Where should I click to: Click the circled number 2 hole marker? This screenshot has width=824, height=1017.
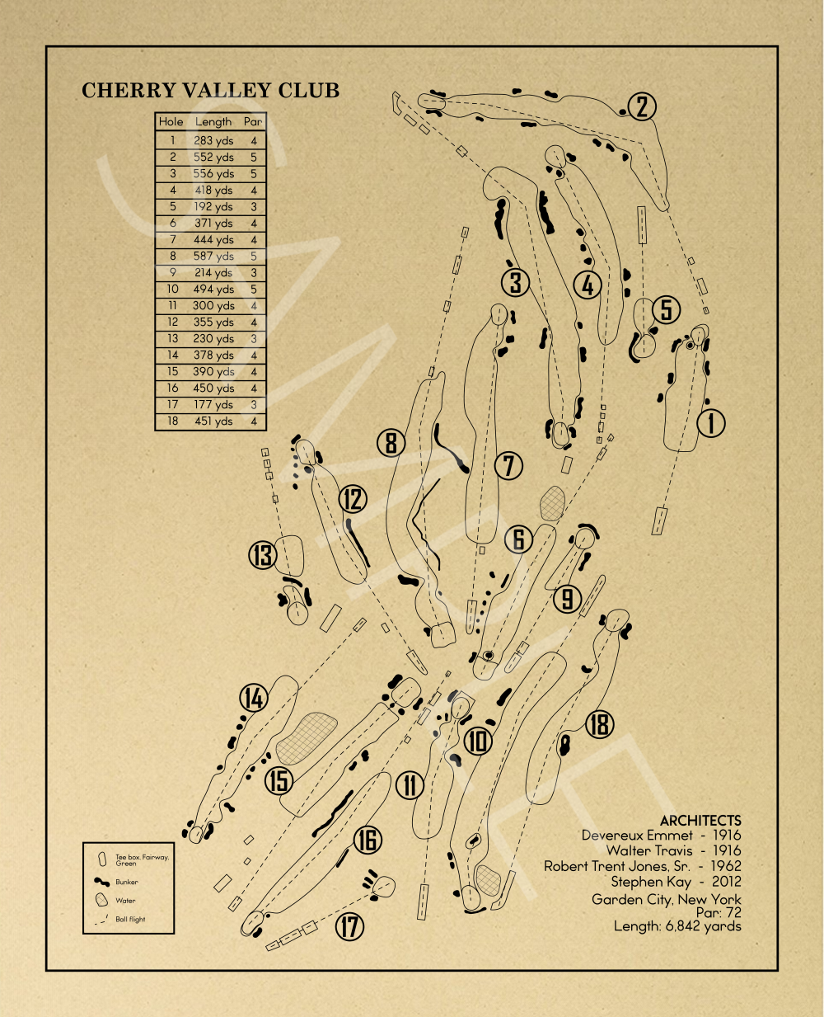click(x=643, y=106)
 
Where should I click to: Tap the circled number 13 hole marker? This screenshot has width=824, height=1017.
click(x=263, y=555)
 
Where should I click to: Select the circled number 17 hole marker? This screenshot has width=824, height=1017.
click(x=350, y=926)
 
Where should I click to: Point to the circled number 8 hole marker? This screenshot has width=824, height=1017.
click(x=391, y=443)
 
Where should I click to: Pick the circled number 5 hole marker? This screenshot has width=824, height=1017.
click(x=666, y=309)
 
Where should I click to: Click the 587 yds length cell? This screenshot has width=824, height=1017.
click(x=213, y=257)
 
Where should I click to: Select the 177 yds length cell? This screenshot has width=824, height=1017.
click(x=213, y=405)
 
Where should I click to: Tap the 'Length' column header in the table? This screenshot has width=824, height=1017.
click(x=213, y=121)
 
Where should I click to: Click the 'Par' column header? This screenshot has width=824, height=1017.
click(x=253, y=121)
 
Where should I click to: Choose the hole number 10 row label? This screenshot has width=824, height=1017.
click(x=172, y=290)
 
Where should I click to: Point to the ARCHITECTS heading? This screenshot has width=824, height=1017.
click(x=700, y=821)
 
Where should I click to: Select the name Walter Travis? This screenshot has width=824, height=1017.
click(x=649, y=850)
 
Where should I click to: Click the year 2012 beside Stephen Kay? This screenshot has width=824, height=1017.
click(x=726, y=882)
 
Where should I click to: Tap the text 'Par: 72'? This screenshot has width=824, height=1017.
click(x=719, y=913)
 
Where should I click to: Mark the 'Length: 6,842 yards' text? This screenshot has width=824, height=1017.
click(x=677, y=926)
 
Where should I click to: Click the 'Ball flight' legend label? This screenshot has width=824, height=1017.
click(x=130, y=920)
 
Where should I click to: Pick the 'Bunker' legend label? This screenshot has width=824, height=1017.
click(x=127, y=883)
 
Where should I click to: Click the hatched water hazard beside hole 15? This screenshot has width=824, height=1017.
click(x=307, y=737)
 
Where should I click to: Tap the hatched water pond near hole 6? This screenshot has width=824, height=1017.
click(x=552, y=503)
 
